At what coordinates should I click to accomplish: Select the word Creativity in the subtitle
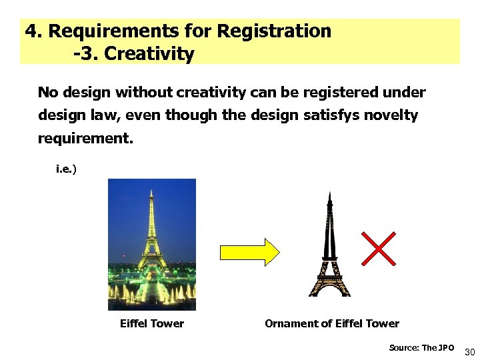pos(149,54)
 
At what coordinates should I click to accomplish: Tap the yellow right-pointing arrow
pos(250,251)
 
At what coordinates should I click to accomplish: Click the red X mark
pos(379,249)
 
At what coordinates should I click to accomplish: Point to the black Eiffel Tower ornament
pos(329,253)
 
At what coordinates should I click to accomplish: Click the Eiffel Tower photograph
pos(152,244)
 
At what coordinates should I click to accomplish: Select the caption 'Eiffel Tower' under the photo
pos(151,323)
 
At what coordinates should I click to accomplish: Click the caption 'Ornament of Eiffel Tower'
pos(331,323)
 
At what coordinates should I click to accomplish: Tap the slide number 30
pos(469,351)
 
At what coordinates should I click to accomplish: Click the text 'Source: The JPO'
pos(421,347)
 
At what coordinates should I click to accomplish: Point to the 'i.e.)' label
pos(66,169)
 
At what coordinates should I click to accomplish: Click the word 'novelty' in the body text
pos(391,115)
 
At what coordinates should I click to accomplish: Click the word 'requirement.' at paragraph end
pos(85,139)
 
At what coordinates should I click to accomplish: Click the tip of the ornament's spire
pos(329,194)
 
